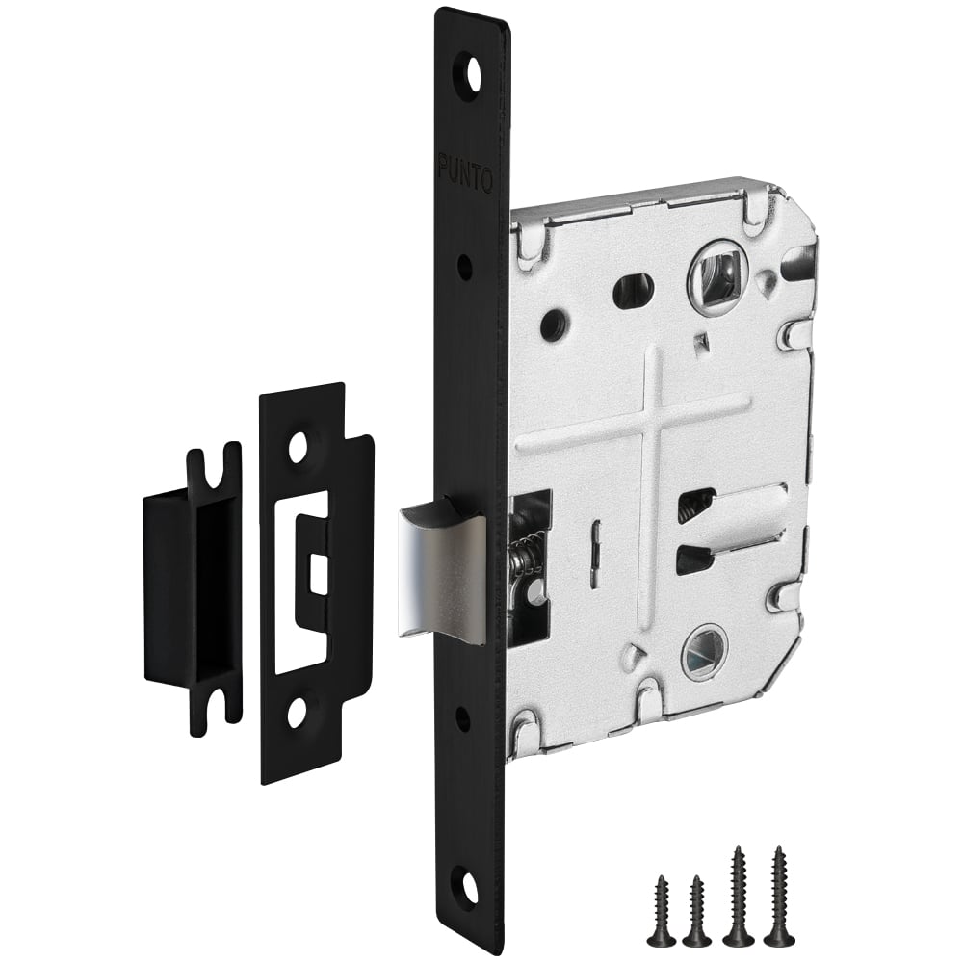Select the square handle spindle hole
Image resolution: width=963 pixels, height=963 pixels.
pyautogui.click(x=717, y=273)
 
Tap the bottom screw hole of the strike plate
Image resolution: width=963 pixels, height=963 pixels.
pyautogui.click(x=299, y=712)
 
